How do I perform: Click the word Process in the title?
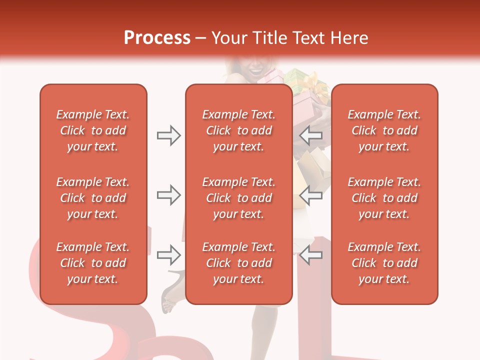click(x=157, y=38)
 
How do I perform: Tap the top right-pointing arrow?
click(x=168, y=135)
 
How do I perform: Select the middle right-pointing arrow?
click(x=168, y=195)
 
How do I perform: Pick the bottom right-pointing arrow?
click(x=168, y=255)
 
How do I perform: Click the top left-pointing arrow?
click(x=311, y=135)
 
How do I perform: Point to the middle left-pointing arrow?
click(x=311, y=195)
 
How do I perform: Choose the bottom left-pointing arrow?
click(x=311, y=255)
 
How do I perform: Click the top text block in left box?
click(x=93, y=130)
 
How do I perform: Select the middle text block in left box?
click(x=93, y=198)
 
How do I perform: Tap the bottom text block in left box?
click(x=93, y=263)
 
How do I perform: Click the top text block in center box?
click(x=239, y=130)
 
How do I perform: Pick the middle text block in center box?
click(x=239, y=198)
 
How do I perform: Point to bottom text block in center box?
click(x=239, y=263)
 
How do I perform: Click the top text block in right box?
click(x=384, y=130)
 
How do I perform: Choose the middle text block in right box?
click(x=384, y=198)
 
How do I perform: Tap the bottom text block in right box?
click(x=384, y=263)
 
